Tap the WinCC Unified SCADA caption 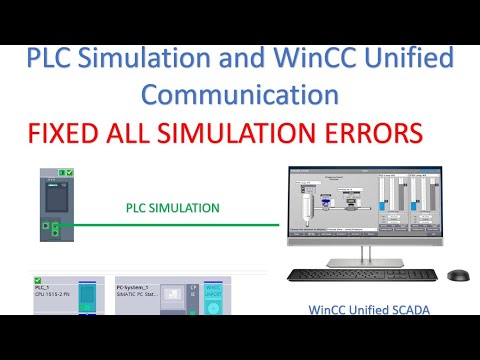click(x=369, y=309)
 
